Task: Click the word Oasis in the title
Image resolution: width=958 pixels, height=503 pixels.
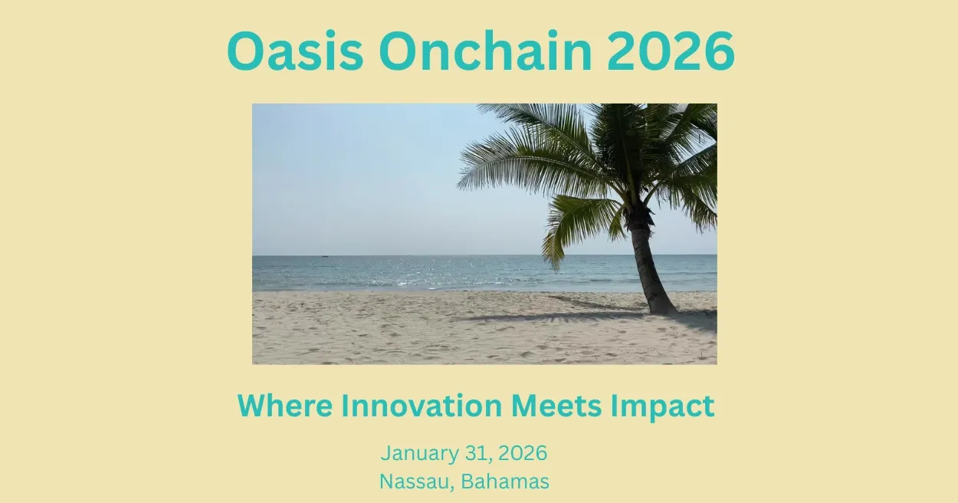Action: pyautogui.click(x=296, y=51)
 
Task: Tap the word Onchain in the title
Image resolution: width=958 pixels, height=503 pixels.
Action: pyautogui.click(x=485, y=51)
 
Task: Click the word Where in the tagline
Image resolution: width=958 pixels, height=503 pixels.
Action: pyautogui.click(x=285, y=405)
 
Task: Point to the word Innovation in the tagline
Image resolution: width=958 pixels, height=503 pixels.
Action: pyautogui.click(x=422, y=405)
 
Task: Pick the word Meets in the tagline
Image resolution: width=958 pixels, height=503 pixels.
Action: pyautogui.click(x=556, y=405)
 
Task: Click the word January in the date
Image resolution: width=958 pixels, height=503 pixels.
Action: pyautogui.click(x=420, y=454)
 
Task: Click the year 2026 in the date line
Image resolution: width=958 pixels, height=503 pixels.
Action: pyautogui.click(x=523, y=453)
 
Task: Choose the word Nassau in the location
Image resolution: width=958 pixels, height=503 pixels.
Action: pyautogui.click(x=414, y=482)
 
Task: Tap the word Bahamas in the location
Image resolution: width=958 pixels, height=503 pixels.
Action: pyautogui.click(x=505, y=482)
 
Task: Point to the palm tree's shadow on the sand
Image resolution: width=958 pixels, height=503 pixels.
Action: pyautogui.click(x=556, y=317)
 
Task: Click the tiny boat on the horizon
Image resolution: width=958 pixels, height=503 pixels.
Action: pyautogui.click(x=326, y=256)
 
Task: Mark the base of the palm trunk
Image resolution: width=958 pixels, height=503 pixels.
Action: pyautogui.click(x=663, y=309)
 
